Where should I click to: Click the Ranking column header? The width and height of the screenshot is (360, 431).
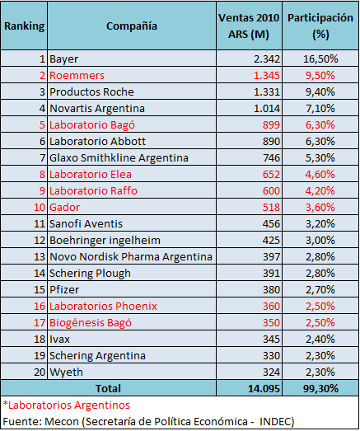(24, 26)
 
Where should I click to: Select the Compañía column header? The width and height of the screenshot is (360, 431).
(132, 26)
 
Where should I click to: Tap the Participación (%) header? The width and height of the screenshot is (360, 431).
(320, 26)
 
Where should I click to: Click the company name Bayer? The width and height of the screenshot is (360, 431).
(63, 59)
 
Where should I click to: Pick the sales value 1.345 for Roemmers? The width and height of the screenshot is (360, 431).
(266, 75)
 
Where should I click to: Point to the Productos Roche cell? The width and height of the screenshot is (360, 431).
(91, 91)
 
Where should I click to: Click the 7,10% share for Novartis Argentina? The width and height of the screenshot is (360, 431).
(320, 108)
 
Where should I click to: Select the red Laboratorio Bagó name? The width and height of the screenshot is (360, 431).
(92, 124)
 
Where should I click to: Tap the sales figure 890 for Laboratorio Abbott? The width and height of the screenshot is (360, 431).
(271, 141)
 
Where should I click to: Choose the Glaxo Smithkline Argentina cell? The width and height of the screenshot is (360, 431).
(119, 157)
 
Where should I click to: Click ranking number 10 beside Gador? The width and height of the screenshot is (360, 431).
(40, 207)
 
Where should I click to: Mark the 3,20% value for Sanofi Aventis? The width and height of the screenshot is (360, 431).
(320, 224)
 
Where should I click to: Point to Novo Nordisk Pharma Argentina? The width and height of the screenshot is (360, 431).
(131, 257)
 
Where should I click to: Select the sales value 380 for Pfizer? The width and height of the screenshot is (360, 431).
(271, 290)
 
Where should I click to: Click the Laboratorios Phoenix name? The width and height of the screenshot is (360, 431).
(103, 307)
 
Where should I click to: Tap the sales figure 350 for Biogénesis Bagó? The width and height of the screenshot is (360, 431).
(271, 323)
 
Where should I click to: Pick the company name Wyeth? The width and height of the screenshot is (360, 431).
(66, 372)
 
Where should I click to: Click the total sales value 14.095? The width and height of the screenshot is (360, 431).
(264, 389)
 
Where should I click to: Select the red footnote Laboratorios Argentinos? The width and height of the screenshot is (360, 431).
(66, 405)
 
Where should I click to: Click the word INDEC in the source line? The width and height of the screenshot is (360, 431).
(277, 422)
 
